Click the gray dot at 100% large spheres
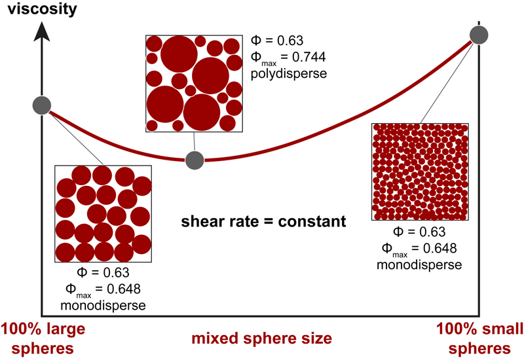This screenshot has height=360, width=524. click(41, 105)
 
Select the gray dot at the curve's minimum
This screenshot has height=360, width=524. click(195, 159)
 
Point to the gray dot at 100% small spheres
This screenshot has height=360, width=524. click(480, 36)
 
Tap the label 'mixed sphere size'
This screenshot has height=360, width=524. click(261, 339)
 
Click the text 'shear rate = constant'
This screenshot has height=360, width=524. click(263, 222)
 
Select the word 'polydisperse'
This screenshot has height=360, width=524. click(288, 74)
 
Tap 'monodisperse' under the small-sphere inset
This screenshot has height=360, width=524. click(419, 265)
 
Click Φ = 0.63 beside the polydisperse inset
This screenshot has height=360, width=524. click(278, 41)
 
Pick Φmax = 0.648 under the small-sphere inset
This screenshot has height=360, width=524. click(419, 249)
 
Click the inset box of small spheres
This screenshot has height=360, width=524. click(420, 172)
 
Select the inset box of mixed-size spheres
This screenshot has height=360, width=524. click(194, 83)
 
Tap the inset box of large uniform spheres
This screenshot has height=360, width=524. click(103, 213)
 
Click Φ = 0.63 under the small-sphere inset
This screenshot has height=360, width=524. click(419, 232)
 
